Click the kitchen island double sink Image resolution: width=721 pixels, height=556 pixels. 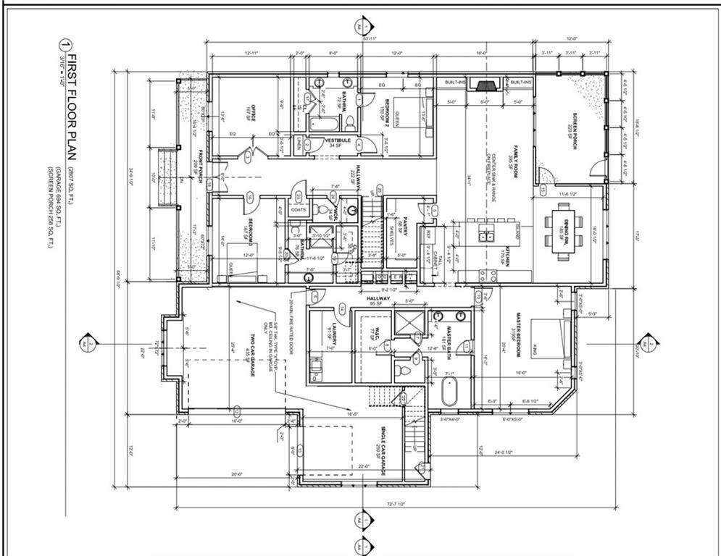click(x=487, y=233)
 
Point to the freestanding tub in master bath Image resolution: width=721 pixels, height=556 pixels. click(x=449, y=391)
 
